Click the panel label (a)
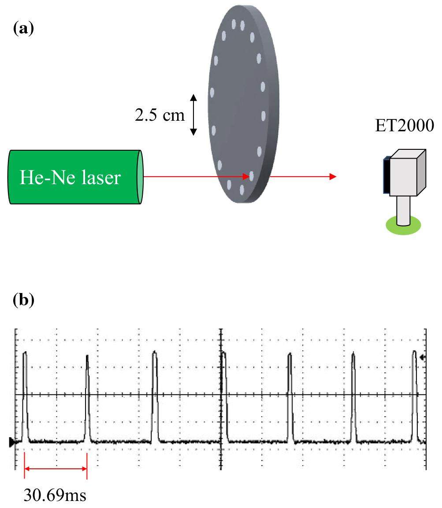(x=23, y=29)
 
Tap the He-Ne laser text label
(x=70, y=178)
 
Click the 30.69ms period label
(x=55, y=495)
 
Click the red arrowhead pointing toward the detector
(x=333, y=177)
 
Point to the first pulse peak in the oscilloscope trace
(x=25, y=353)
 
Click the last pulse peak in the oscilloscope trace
(x=414, y=352)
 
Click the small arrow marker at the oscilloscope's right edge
(x=423, y=358)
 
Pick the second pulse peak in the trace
(x=87, y=356)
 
